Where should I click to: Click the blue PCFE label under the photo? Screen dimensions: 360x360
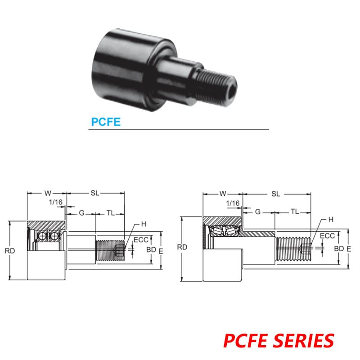pos(106,121)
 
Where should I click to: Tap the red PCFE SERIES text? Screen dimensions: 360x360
pos(279,340)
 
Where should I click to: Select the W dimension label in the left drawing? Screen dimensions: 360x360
pos(47,193)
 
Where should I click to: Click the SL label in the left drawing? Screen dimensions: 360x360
pos(94,193)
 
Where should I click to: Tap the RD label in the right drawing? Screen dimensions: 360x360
pos(182,247)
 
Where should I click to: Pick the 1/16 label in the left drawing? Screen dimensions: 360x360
pos(56,202)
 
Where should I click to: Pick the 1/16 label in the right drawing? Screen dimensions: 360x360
pos(233,203)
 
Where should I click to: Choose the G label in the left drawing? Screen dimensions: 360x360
pos(81,213)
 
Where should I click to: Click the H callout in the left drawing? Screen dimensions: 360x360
pos(144,224)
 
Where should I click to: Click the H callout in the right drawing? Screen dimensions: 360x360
pos(331,220)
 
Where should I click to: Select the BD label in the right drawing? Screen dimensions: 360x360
pos(339,248)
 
